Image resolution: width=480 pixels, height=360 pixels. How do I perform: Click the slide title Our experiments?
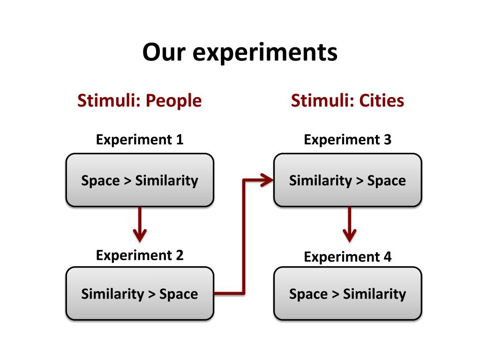pos(240,52)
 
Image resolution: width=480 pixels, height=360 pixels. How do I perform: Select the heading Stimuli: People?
pos(139,101)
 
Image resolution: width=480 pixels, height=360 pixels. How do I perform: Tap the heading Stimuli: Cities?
pos(347,101)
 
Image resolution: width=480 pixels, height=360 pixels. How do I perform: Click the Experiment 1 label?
pos(139,140)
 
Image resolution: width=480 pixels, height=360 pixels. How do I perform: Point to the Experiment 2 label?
pos(139,255)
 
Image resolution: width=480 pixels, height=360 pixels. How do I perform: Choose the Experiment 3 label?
pos(347,140)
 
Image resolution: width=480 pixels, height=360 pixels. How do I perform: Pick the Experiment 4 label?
pos(347,257)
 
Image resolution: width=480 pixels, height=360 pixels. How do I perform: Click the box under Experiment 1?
pos(140,180)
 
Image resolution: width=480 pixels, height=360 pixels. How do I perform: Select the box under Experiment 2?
pos(140,293)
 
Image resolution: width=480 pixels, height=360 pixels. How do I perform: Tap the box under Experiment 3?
pos(347,180)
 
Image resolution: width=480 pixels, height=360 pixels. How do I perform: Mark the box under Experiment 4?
pos(347,293)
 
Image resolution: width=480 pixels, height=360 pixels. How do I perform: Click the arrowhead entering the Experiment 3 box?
pos(266,180)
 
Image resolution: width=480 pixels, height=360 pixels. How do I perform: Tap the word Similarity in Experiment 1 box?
pos(166,180)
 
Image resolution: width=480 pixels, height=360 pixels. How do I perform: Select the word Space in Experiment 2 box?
pos(179,294)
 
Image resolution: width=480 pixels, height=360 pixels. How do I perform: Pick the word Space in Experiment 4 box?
pos(308,294)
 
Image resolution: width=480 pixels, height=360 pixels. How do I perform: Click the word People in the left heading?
pos(173,101)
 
